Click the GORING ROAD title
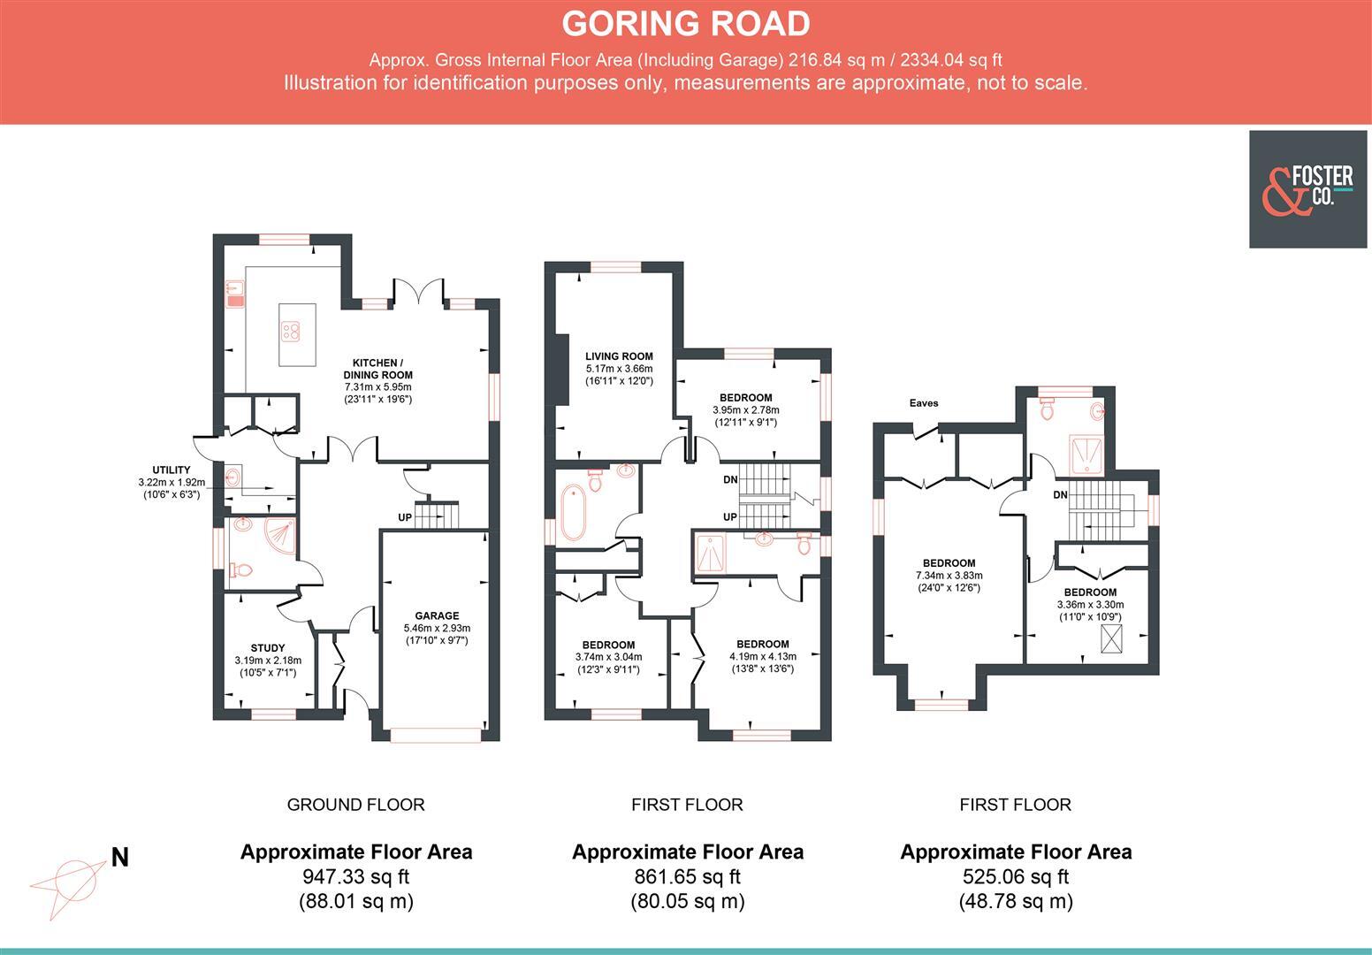685,24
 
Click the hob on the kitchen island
291,332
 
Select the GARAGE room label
437,615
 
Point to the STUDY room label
268,648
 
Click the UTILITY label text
171,470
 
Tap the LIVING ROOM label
618,356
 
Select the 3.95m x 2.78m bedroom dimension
745,410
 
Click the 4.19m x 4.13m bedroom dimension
762,656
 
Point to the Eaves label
924,403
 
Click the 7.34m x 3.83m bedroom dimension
949,576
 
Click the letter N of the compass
119,857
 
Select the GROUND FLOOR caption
355,805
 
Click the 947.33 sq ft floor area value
355,876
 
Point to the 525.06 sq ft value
1015,876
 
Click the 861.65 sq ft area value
687,876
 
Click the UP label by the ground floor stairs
404,517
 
